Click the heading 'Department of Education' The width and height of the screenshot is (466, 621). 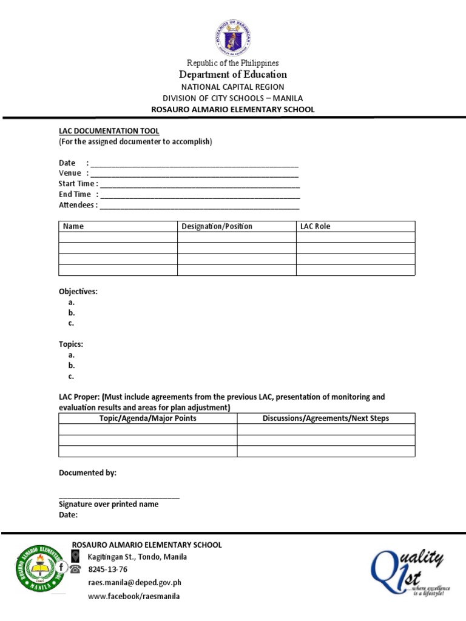(x=233, y=75)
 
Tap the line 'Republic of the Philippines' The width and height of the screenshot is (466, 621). (x=233, y=63)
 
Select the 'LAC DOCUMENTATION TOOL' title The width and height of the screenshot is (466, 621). (x=109, y=131)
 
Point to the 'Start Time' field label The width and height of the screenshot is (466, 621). (x=77, y=184)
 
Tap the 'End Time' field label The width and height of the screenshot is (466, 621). (x=75, y=195)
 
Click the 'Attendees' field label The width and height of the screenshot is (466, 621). (x=77, y=206)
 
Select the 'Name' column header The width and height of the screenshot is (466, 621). (x=73, y=227)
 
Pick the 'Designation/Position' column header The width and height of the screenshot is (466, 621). (x=217, y=227)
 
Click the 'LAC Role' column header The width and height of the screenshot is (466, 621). (x=316, y=227)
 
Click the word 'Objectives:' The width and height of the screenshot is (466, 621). (x=78, y=292)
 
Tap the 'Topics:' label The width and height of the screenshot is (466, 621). (x=71, y=344)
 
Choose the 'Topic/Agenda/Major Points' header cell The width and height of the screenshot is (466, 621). (x=147, y=418)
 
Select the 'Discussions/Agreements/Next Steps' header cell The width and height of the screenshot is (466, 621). (x=326, y=418)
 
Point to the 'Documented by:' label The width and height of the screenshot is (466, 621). (x=87, y=473)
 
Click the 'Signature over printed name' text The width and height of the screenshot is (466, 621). (x=109, y=505)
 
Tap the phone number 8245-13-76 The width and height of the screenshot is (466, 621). (x=108, y=569)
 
